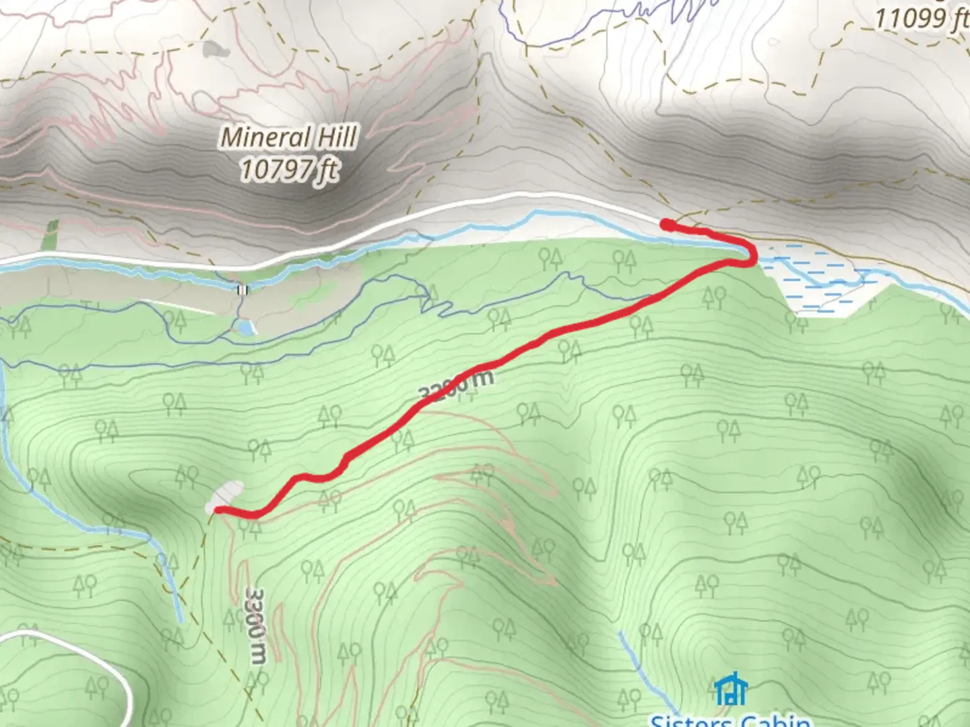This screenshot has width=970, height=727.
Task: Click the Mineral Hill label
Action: coord(289,138)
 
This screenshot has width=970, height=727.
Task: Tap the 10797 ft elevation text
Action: coord(289,169)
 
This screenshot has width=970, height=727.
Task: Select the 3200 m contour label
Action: coord(457,385)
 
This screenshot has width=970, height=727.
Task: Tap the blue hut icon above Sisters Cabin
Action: coord(730,690)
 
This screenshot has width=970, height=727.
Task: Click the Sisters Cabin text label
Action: coord(730,720)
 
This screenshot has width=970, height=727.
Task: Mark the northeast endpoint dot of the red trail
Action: coord(666,225)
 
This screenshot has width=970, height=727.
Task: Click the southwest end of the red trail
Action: coord(218,510)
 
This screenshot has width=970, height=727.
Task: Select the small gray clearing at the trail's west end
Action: coord(225,495)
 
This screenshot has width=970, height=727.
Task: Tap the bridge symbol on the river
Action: coord(242,290)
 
